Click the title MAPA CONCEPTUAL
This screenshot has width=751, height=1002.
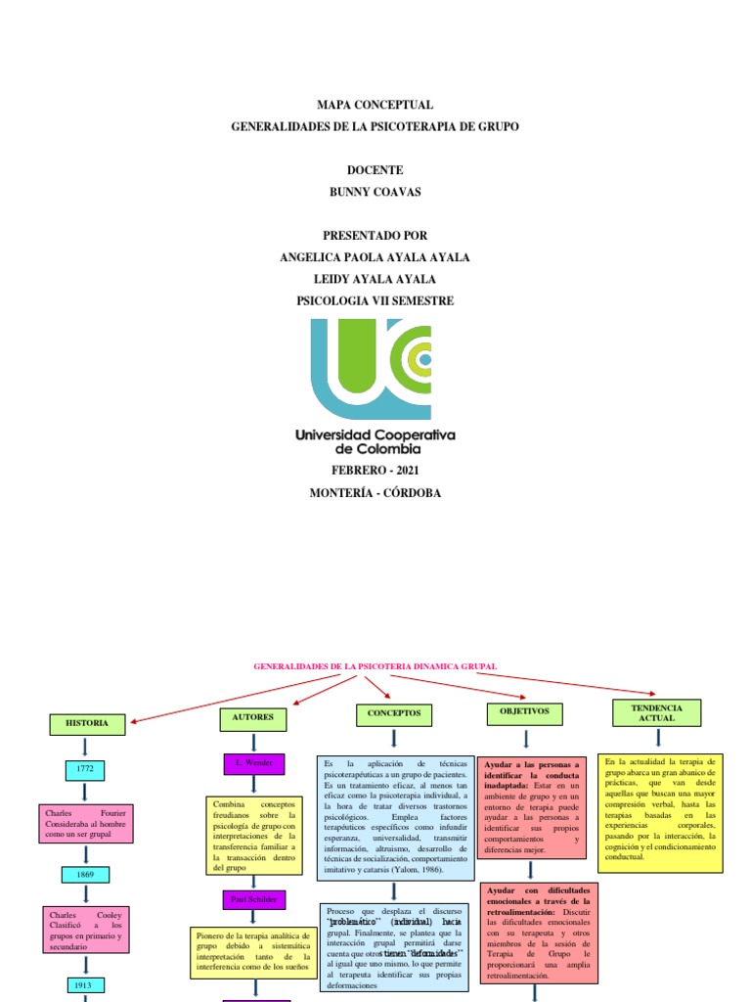point(375,105)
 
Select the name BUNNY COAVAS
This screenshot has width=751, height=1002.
point(375,192)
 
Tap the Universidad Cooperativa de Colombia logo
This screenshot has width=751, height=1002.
point(375,387)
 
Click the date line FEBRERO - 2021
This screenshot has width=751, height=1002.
point(375,471)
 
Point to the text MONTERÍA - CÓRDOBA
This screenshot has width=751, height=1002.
point(375,493)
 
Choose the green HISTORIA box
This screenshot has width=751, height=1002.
point(87,724)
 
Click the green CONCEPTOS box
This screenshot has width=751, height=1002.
point(394,714)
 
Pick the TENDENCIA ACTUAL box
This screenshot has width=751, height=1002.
point(656,712)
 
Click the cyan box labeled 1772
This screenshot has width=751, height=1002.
point(86,770)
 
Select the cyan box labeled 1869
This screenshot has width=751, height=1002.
point(86,874)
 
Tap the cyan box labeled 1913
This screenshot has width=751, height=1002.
point(86,984)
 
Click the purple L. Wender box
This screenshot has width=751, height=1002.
point(254,761)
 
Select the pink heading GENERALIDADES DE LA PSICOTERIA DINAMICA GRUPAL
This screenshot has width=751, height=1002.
point(375,666)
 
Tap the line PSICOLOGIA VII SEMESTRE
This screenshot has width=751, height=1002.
point(375,300)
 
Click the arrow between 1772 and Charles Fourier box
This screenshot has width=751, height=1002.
point(86,792)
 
